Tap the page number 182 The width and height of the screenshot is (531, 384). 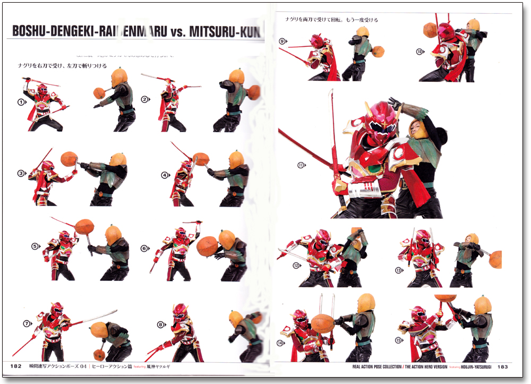[x=15, y=365]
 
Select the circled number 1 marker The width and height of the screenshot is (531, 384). [x=22, y=103]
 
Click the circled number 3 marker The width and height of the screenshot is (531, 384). [x=21, y=173]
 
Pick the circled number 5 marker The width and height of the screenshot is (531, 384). [x=36, y=246]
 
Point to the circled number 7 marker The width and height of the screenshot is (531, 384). [x=27, y=323]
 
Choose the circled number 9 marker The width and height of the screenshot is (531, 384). [x=282, y=41]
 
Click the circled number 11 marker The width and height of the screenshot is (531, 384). [x=301, y=165]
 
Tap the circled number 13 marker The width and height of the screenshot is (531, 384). [x=398, y=270]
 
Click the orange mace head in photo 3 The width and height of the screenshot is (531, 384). [x=69, y=158]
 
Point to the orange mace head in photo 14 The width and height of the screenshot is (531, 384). [x=322, y=323]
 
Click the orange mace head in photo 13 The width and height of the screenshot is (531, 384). [x=495, y=259]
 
